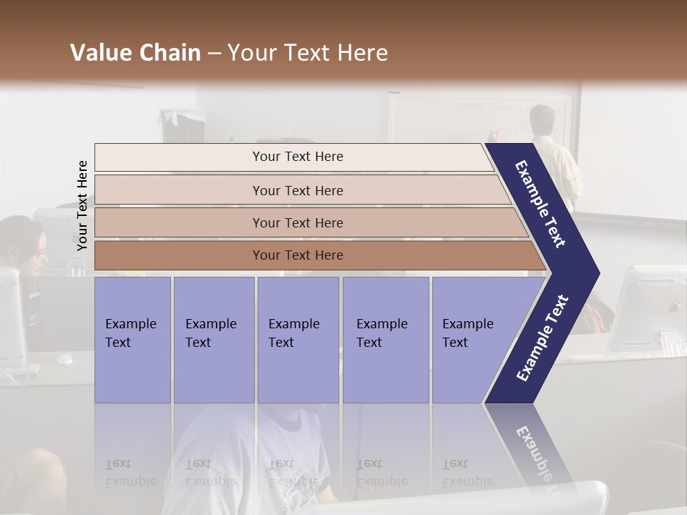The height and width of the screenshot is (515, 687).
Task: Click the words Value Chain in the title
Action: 135,53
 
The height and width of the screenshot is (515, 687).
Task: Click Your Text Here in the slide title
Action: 308,53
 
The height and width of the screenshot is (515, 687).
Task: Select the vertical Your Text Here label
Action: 82,205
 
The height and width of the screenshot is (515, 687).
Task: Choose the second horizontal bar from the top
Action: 297,190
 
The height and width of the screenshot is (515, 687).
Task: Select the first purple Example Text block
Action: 132,340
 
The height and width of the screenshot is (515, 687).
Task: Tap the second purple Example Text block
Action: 213,340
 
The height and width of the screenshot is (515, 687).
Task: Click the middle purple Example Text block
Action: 298,340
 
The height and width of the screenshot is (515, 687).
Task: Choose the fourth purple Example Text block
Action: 385,340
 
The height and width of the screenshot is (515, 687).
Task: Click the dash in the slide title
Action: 214,54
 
